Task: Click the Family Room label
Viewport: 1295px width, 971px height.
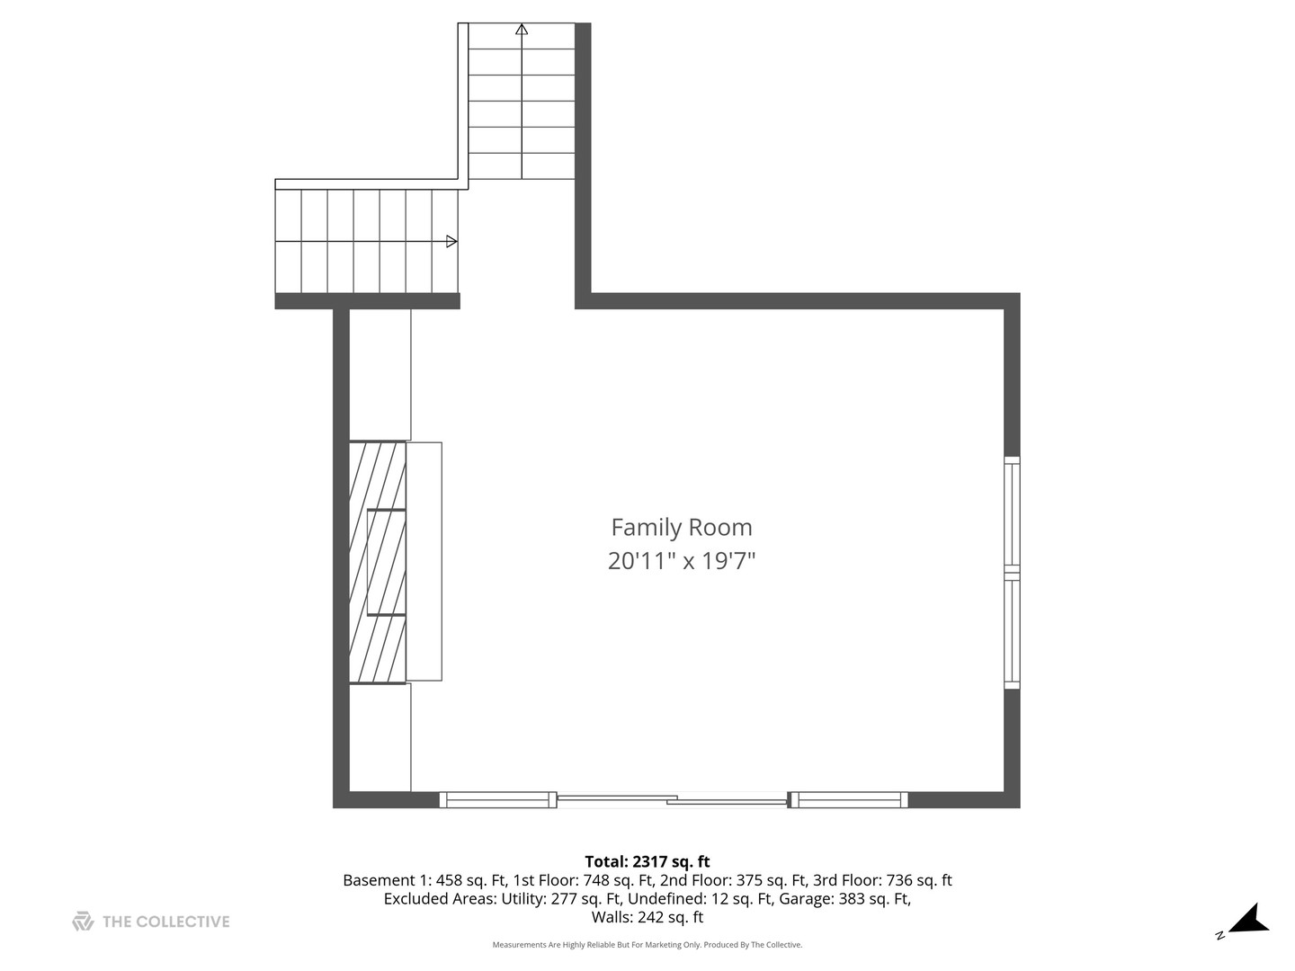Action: point(681,528)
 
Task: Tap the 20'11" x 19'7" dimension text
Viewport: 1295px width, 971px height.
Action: point(681,561)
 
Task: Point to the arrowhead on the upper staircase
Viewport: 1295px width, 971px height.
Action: point(522,29)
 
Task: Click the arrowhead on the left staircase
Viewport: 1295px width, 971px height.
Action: point(451,241)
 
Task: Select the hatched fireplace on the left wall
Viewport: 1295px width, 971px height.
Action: point(378,562)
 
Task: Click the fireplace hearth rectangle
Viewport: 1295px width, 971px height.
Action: point(424,562)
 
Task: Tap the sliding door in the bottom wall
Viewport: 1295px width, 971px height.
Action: point(672,798)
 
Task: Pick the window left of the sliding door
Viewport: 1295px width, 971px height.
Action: point(497,799)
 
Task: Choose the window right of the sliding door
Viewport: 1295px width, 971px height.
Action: point(848,799)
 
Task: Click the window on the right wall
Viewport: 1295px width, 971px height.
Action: point(1012,573)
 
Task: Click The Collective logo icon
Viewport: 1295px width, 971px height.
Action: point(83,921)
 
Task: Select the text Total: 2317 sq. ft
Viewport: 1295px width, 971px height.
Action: point(647,861)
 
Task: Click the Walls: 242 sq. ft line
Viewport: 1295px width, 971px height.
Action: point(647,918)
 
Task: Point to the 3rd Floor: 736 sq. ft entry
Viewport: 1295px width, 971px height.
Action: point(882,880)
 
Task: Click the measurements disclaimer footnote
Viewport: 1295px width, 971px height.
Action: point(647,945)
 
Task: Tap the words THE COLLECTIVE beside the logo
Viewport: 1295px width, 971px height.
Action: point(166,922)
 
